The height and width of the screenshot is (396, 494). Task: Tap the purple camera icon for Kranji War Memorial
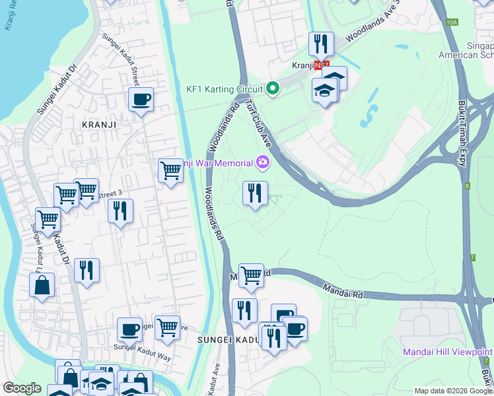click(x=263, y=162)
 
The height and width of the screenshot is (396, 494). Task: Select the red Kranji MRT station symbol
click(x=322, y=66)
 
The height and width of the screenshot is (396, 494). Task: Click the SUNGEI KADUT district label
click(x=225, y=339)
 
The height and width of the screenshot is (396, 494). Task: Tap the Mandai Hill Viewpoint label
click(x=448, y=352)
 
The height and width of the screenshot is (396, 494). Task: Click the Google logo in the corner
click(x=21, y=388)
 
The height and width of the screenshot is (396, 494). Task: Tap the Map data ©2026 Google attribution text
click(x=453, y=391)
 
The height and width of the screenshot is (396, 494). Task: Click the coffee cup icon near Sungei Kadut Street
click(x=141, y=100)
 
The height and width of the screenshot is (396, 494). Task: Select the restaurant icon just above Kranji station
click(x=321, y=44)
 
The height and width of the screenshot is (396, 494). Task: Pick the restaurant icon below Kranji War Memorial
click(x=255, y=193)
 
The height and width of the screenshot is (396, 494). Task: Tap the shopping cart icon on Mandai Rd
click(x=251, y=275)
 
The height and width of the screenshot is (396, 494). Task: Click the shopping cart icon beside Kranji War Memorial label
click(x=170, y=171)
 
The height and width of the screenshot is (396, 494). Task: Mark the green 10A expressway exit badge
click(x=452, y=22)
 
